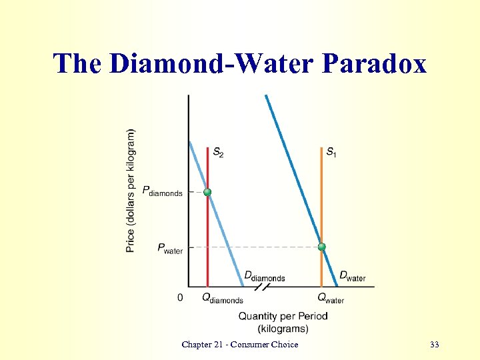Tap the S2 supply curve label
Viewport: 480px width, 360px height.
coord(218,153)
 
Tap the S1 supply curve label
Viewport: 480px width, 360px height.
coord(331,153)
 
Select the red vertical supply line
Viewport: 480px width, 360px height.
coord(207,233)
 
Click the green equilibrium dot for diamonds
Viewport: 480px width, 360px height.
coord(207,192)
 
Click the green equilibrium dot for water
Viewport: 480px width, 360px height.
coord(321,247)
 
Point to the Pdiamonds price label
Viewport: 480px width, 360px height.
coord(162,191)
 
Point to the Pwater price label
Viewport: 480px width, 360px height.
coord(170,248)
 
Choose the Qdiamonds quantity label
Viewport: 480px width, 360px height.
coord(223,298)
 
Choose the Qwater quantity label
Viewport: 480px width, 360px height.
coord(331,298)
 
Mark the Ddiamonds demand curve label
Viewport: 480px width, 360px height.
coord(264,276)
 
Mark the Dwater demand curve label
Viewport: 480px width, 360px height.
coord(353,276)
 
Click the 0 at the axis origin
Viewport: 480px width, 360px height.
coord(180,297)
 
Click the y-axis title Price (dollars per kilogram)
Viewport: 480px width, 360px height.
coord(131,191)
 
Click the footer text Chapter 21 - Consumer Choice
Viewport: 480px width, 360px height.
coord(240,344)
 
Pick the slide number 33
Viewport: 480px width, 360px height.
coord(435,344)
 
